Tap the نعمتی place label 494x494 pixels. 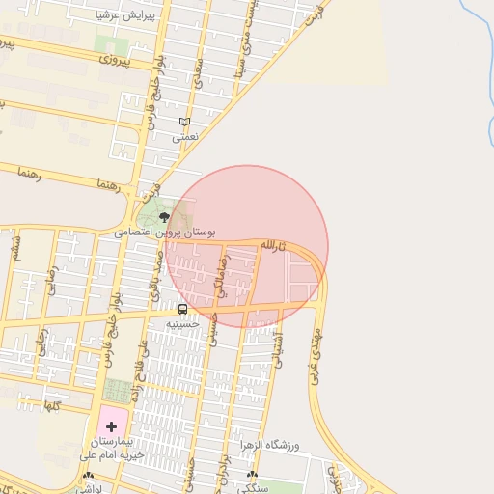184,138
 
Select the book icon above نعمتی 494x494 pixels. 184,122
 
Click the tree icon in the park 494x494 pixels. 162,217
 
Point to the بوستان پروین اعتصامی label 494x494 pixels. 164,233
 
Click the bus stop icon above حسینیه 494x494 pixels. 182,309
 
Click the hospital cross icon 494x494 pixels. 111,425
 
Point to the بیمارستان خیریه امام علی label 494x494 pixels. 111,447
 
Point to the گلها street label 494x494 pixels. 52,405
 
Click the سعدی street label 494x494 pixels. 198,75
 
